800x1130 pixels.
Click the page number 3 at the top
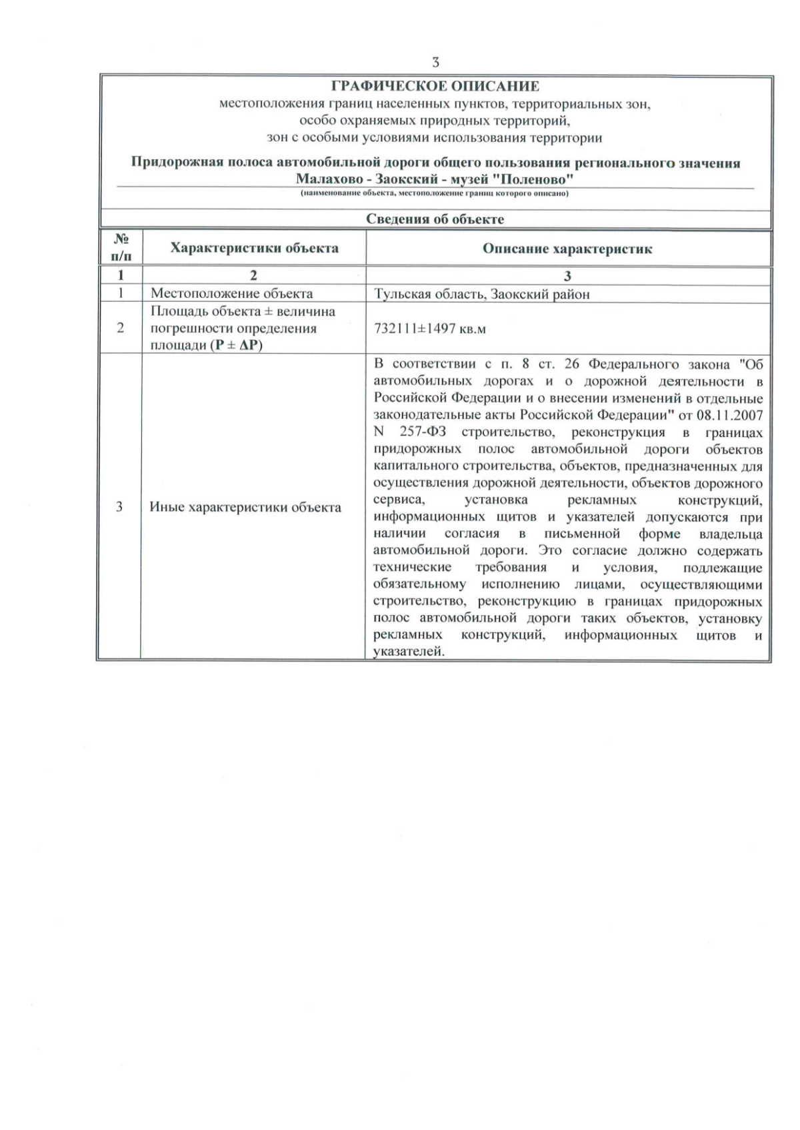tap(435, 63)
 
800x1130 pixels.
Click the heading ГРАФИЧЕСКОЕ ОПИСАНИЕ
tap(435, 87)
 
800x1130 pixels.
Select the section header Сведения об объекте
tap(435, 219)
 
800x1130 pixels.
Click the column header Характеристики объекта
tap(254, 249)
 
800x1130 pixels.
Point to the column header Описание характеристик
tap(567, 249)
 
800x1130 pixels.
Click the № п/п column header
tap(121, 248)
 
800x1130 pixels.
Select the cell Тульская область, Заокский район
tap(482, 294)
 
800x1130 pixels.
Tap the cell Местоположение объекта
tap(231, 294)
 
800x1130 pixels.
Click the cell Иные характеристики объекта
tap(245, 507)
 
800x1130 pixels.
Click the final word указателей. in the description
tap(408, 652)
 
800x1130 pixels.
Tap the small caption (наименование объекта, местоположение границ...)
tap(435, 194)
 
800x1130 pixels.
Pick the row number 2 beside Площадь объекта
tap(120, 328)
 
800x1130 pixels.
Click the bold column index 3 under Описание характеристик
tap(567, 276)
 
